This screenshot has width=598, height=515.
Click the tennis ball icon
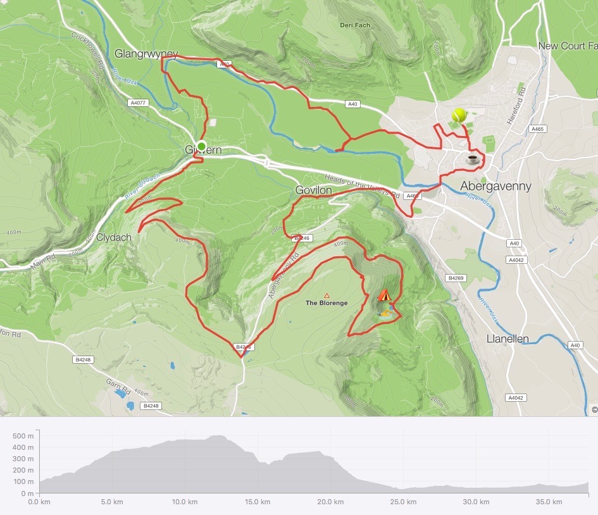pos(459,115)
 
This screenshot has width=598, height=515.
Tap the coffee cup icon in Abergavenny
pos(472,159)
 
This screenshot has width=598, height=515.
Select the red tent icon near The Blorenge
pos(384,295)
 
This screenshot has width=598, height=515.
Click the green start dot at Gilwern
pos(201,147)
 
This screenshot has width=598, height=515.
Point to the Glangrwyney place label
pos(146,54)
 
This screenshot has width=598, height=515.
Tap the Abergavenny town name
pos(495,186)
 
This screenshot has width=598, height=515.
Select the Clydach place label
pos(114,238)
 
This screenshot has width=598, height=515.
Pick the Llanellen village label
pos(508,339)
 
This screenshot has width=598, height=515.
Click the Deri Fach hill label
pos(354,25)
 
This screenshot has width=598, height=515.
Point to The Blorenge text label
pos(327,303)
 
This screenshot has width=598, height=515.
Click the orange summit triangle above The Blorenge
pos(327,295)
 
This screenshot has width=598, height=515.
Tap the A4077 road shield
pos(137,102)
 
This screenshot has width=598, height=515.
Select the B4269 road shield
pos(455,278)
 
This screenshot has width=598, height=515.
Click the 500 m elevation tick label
pos(24,436)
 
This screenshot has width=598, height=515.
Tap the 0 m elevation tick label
pos(27,493)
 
